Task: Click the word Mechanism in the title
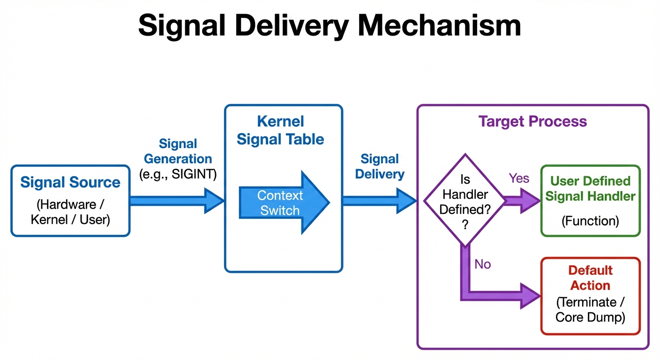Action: [439, 25]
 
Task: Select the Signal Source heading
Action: [70, 182]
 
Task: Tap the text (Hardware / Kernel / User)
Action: [70, 212]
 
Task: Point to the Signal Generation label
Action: [178, 151]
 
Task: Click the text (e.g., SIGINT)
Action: [178, 174]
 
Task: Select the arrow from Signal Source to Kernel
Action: [176, 201]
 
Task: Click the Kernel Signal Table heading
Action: [280, 130]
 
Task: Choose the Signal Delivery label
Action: [380, 166]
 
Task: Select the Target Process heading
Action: [532, 122]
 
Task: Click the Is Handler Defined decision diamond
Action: [465, 201]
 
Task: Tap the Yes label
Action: [519, 178]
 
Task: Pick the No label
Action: [482, 264]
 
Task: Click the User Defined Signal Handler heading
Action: [590, 188]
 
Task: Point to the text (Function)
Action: [590, 221]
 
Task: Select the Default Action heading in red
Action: [590, 278]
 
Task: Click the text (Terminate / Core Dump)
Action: [590, 309]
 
